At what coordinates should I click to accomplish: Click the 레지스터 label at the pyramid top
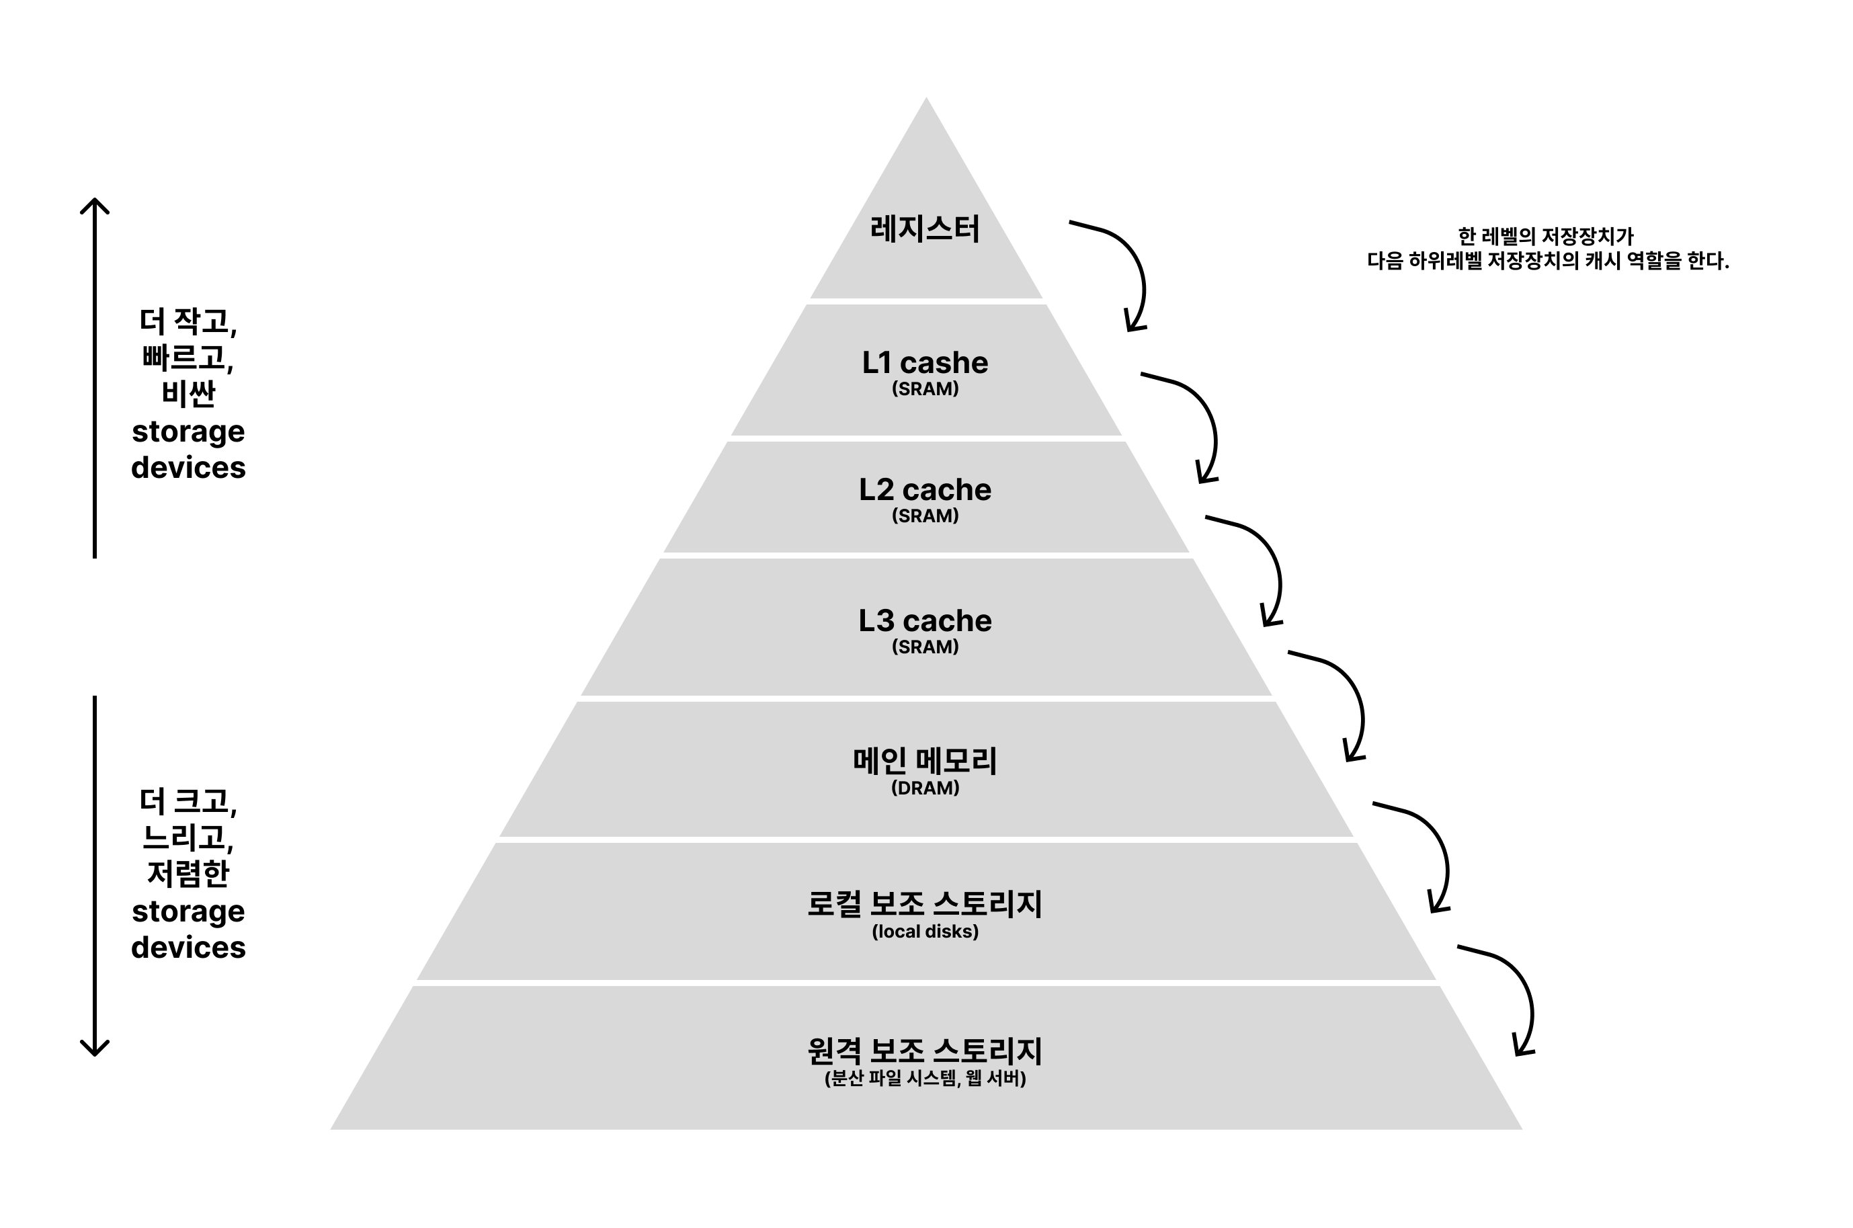(925, 229)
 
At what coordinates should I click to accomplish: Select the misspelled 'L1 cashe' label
(925, 362)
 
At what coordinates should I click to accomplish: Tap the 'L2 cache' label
(925, 489)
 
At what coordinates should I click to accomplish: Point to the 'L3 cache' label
(925, 620)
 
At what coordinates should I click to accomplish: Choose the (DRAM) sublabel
(925, 788)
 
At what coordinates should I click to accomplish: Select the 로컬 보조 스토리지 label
(925, 904)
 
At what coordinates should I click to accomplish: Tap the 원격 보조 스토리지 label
(925, 1051)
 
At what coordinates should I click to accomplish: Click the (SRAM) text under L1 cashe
(925, 388)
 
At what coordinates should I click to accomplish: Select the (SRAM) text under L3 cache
(925, 647)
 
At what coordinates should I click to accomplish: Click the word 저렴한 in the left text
(188, 872)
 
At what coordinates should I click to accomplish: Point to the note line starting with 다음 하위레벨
(1548, 261)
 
